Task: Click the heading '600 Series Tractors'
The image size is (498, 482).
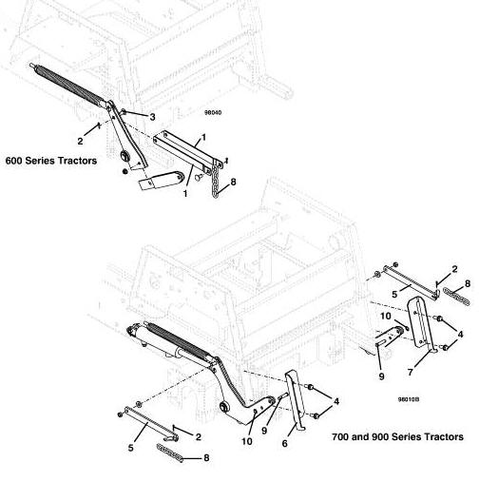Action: [51, 161]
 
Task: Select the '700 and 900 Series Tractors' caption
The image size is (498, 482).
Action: [397, 437]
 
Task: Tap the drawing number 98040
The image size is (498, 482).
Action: [213, 112]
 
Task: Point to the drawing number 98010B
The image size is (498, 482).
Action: [409, 399]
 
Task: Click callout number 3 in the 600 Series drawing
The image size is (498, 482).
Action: [153, 117]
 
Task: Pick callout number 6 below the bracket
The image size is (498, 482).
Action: [285, 443]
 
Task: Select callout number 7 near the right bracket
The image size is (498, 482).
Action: [411, 372]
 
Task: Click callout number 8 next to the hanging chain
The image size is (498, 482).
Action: [234, 183]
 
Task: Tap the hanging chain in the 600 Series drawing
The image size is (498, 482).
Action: [216, 180]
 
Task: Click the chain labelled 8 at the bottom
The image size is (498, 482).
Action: [170, 453]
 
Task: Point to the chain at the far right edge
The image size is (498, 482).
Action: [456, 296]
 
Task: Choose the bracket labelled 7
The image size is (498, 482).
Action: [421, 324]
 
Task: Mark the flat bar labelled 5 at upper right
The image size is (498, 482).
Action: [411, 281]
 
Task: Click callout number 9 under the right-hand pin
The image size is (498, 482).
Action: [382, 376]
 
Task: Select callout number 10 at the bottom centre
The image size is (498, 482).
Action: [247, 441]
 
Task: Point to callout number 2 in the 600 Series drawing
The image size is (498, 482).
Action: [80, 141]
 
